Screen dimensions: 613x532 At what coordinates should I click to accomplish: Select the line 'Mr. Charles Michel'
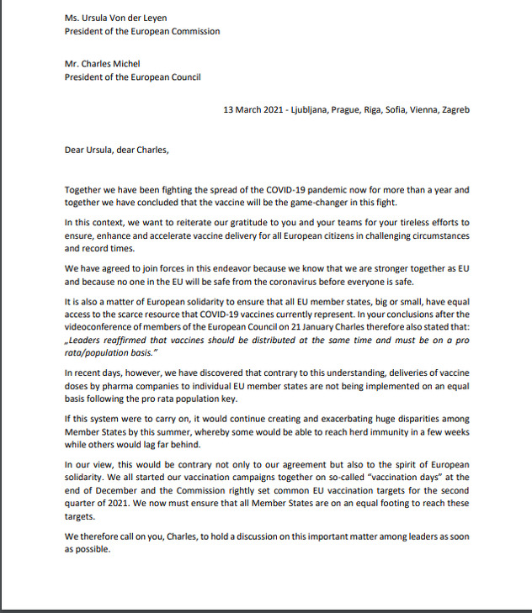pos(104,64)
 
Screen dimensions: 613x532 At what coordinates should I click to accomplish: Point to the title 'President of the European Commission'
pos(142,32)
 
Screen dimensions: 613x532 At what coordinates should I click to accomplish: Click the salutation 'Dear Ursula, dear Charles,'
pos(116,151)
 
